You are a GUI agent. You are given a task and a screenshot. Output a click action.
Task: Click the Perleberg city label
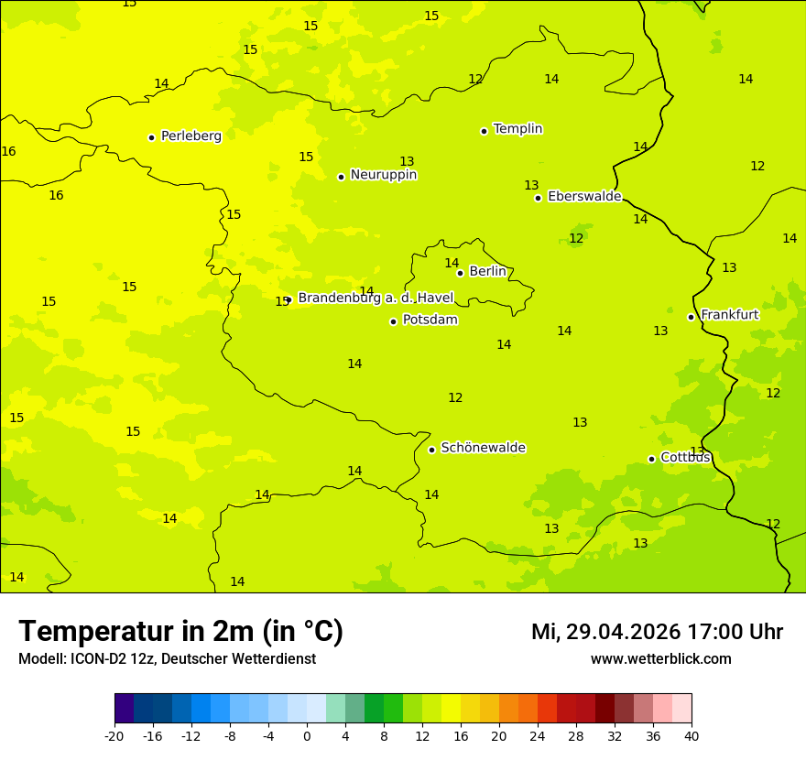[191, 136]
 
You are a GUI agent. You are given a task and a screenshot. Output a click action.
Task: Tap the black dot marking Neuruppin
[341, 177]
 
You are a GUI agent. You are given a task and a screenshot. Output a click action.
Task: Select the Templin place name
[517, 129]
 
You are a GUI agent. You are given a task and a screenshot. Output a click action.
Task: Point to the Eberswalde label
[584, 196]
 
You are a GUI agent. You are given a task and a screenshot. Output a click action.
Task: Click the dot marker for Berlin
[460, 273]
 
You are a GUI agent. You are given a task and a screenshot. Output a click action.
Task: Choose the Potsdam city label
[430, 320]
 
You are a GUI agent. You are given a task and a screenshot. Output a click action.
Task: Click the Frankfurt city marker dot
[691, 317]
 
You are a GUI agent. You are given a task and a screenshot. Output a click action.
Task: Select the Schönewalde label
[483, 448]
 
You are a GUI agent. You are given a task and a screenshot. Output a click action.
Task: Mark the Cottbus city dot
[651, 459]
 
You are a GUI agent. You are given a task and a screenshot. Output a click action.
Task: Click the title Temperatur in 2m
[180, 632]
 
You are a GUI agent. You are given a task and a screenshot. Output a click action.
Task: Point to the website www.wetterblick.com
[660, 659]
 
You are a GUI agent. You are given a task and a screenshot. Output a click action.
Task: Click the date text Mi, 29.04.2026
[605, 632]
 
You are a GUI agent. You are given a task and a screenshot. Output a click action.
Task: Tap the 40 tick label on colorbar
[691, 735]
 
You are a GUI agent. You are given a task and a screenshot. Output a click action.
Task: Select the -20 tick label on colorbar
[114, 735]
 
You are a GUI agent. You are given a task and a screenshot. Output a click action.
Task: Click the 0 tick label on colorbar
[307, 735]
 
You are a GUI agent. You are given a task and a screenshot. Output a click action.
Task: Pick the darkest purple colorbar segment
[125, 709]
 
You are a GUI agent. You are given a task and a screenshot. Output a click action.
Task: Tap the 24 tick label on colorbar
[538, 735]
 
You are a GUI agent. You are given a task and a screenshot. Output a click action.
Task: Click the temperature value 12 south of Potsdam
[455, 397]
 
